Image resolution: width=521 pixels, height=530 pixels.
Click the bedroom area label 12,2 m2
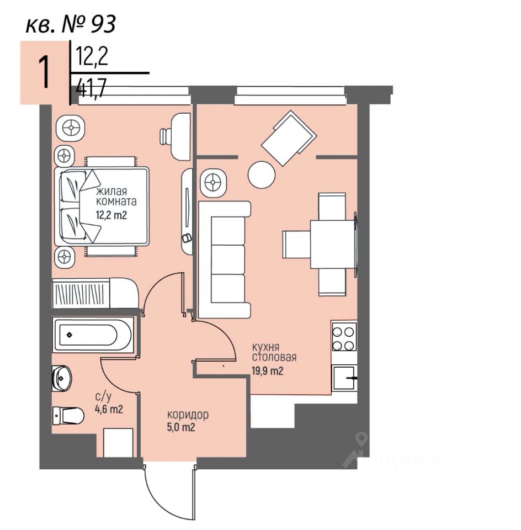(112, 215)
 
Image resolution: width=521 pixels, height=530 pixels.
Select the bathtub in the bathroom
(93, 335)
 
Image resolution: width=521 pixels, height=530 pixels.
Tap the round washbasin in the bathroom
(62, 378)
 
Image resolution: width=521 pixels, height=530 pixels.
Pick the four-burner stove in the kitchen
(343, 337)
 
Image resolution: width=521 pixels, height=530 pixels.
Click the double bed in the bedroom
(103, 206)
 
